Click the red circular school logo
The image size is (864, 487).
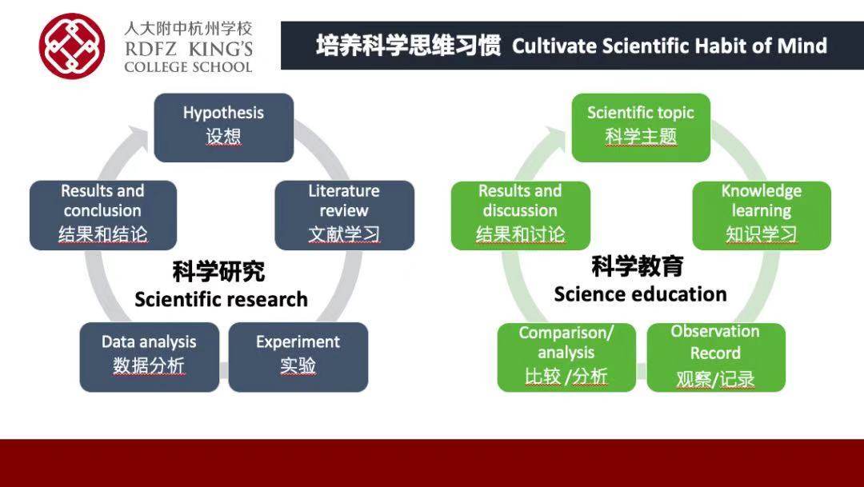72,46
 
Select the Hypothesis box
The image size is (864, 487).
224,128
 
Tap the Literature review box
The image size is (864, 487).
344,215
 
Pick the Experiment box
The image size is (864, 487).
298,357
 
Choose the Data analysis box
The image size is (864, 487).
150,357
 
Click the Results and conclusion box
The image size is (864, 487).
103,215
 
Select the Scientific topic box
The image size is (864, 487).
641,128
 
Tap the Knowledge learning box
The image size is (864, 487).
762,215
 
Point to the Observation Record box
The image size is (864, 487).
716,357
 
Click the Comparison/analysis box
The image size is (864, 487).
566,357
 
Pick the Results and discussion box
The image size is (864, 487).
521,215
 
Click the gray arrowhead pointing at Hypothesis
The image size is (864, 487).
137,138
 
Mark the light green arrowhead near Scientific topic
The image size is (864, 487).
554,138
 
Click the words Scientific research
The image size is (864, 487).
221,300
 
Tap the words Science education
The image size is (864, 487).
640,294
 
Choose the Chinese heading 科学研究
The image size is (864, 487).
218,271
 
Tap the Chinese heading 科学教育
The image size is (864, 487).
638,266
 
